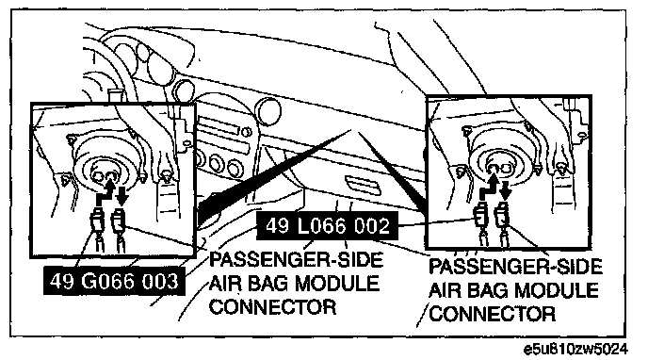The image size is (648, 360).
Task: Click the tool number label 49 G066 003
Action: tap(114, 281)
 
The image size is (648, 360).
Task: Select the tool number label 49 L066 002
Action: tap(328, 225)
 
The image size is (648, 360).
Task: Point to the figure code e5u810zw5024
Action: tap(575, 350)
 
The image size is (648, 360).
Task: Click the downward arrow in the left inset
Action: tap(121, 195)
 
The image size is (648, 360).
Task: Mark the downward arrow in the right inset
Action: tap(505, 190)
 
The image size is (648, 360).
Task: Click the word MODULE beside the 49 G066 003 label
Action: tap(337, 284)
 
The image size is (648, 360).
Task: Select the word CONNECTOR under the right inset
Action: tap(493, 314)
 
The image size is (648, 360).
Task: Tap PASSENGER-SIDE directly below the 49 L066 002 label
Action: tap(296, 259)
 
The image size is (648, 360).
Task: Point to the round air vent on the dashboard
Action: tap(268, 111)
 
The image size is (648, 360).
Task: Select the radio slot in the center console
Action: tap(219, 127)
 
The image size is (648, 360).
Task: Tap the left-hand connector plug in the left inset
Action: tap(97, 222)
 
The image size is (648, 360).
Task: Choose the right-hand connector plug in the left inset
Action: tap(119, 222)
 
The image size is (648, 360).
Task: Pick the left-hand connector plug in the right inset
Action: tap(481, 216)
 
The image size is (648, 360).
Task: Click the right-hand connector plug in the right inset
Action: tap(503, 215)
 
